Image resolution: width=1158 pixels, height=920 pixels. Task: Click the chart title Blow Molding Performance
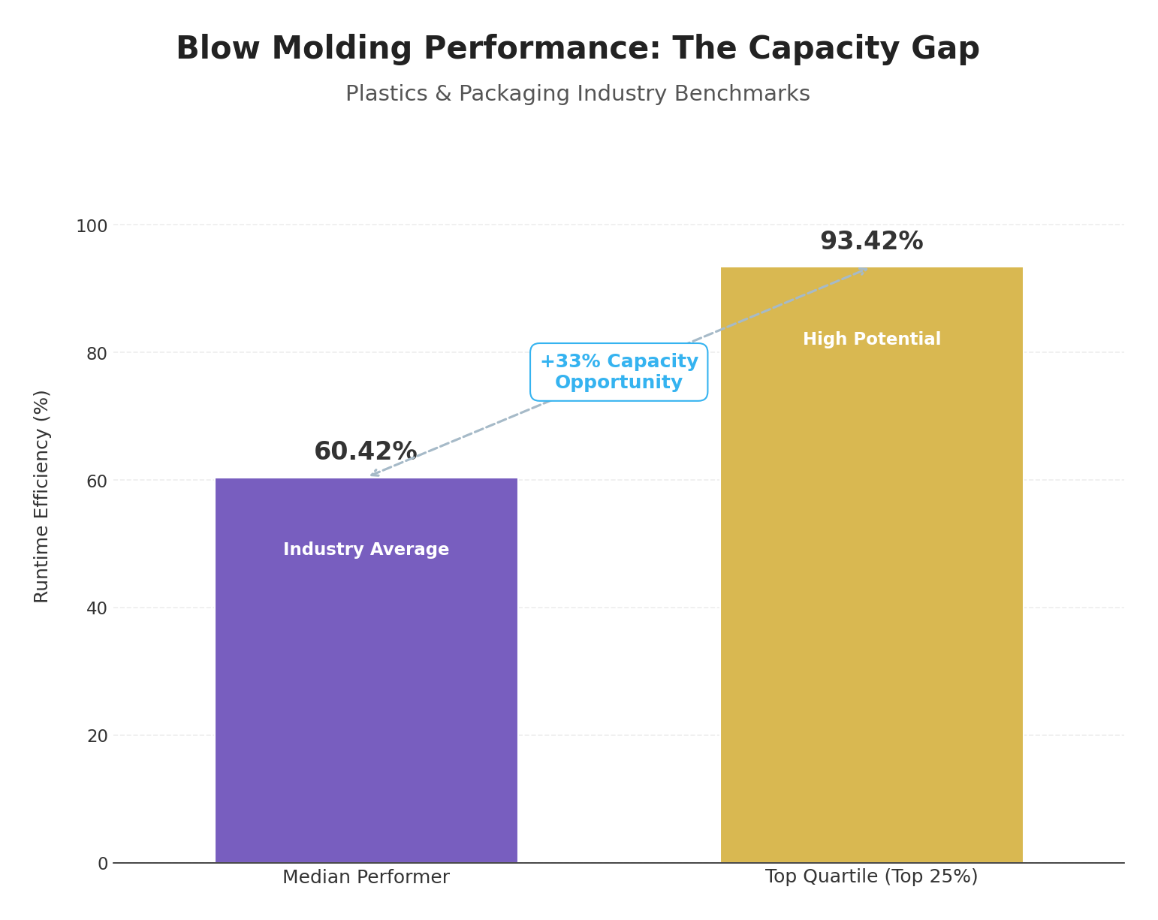pos(577,50)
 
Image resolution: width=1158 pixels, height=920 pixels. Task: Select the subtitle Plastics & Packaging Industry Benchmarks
pos(577,95)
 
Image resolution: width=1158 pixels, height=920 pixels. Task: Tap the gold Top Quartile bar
pos(871,601)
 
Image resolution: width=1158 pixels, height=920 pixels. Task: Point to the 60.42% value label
pos(366,452)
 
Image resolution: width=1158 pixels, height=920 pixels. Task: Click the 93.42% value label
pos(871,242)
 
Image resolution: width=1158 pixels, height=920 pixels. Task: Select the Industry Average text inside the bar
pos(366,550)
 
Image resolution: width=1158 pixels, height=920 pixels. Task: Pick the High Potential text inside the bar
pos(871,339)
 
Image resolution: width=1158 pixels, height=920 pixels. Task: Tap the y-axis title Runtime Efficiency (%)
pos(42,496)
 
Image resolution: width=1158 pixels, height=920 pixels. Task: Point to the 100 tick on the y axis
pos(92,226)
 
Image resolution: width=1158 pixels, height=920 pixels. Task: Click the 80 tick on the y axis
pos(97,354)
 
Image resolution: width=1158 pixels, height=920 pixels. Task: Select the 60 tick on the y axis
pos(97,481)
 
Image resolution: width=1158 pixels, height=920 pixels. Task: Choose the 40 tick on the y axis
pos(97,608)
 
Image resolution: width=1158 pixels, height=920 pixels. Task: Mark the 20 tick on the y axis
pos(97,736)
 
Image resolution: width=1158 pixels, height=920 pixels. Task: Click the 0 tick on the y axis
pos(103,864)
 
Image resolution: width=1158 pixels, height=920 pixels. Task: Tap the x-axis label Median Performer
pos(366,877)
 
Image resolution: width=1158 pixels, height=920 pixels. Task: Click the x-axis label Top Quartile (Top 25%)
pos(871,877)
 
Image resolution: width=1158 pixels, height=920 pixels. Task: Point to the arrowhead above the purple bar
pos(374,474)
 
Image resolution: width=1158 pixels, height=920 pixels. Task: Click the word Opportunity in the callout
pos(619,383)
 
